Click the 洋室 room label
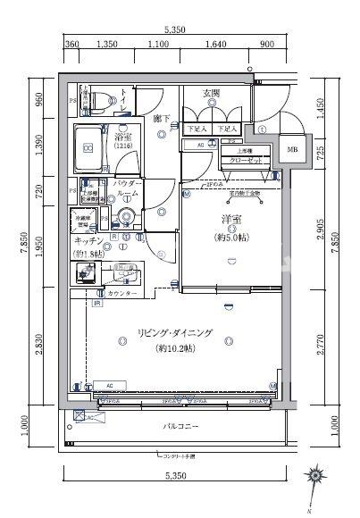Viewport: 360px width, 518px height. tap(233, 220)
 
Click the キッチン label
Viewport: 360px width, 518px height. tap(88, 241)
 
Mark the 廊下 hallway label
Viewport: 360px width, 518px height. tap(160, 118)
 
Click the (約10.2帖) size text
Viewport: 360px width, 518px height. tap(175, 348)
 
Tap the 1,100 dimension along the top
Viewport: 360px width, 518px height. tap(158, 44)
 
